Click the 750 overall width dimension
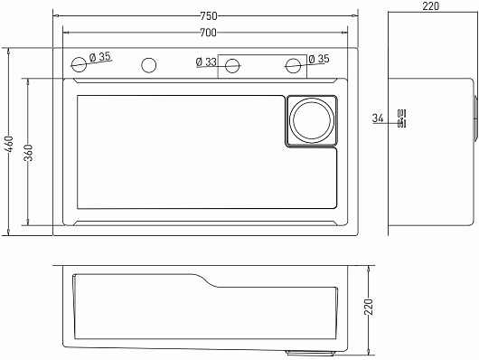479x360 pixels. tap(209, 16)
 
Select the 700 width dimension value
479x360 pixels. tap(209, 33)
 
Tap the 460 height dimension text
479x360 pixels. tap(10, 144)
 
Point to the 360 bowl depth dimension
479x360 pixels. tap(28, 153)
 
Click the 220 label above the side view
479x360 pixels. tap(431, 5)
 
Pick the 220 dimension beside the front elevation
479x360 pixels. tap(369, 307)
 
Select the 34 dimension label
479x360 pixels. tap(378, 118)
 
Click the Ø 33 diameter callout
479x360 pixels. tap(206, 62)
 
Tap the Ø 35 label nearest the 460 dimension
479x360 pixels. tap(100, 57)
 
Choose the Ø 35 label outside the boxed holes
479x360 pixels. tap(319, 59)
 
